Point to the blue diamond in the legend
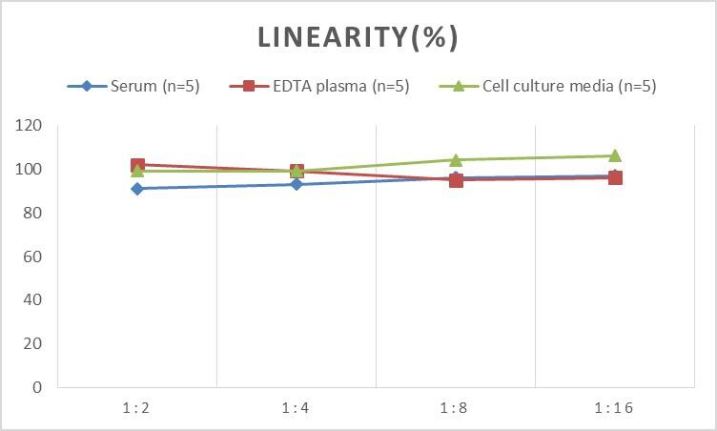point(86,86)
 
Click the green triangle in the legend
point(458,86)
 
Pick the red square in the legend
point(249,86)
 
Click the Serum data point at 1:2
point(137,189)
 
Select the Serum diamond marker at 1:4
point(297,184)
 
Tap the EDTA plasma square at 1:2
point(137,165)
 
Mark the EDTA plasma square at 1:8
point(456,179)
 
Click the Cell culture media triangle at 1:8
point(456,159)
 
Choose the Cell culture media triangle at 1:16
point(615,155)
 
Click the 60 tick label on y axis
point(32,257)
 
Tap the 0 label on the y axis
point(36,387)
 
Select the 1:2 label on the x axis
point(137,408)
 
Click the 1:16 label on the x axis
point(615,408)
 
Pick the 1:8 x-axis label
point(456,408)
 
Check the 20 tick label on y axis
point(32,343)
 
